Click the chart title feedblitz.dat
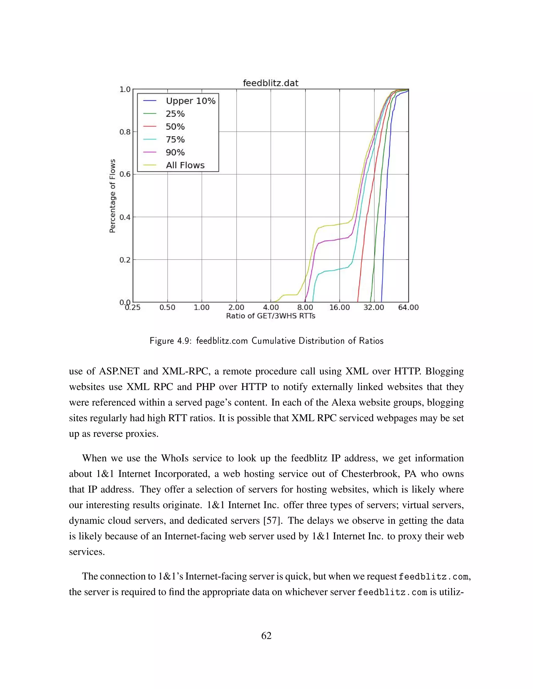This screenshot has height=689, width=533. pos(270,83)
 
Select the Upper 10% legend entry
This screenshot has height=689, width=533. pos(191,101)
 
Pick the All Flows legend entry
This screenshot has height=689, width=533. pos(185,165)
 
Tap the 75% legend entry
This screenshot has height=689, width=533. pos(175,139)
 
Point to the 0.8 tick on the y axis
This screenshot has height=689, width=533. pos(125,132)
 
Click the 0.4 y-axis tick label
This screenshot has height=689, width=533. pos(125,217)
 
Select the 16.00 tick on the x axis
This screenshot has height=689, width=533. pos(339,308)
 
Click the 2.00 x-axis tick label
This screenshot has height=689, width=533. pos(236,308)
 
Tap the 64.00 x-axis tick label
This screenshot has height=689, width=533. pos(408,308)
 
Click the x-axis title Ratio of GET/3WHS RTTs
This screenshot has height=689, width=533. pos(270,316)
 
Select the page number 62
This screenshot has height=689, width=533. pos(266,635)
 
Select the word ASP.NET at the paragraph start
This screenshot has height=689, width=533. pos(119,371)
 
